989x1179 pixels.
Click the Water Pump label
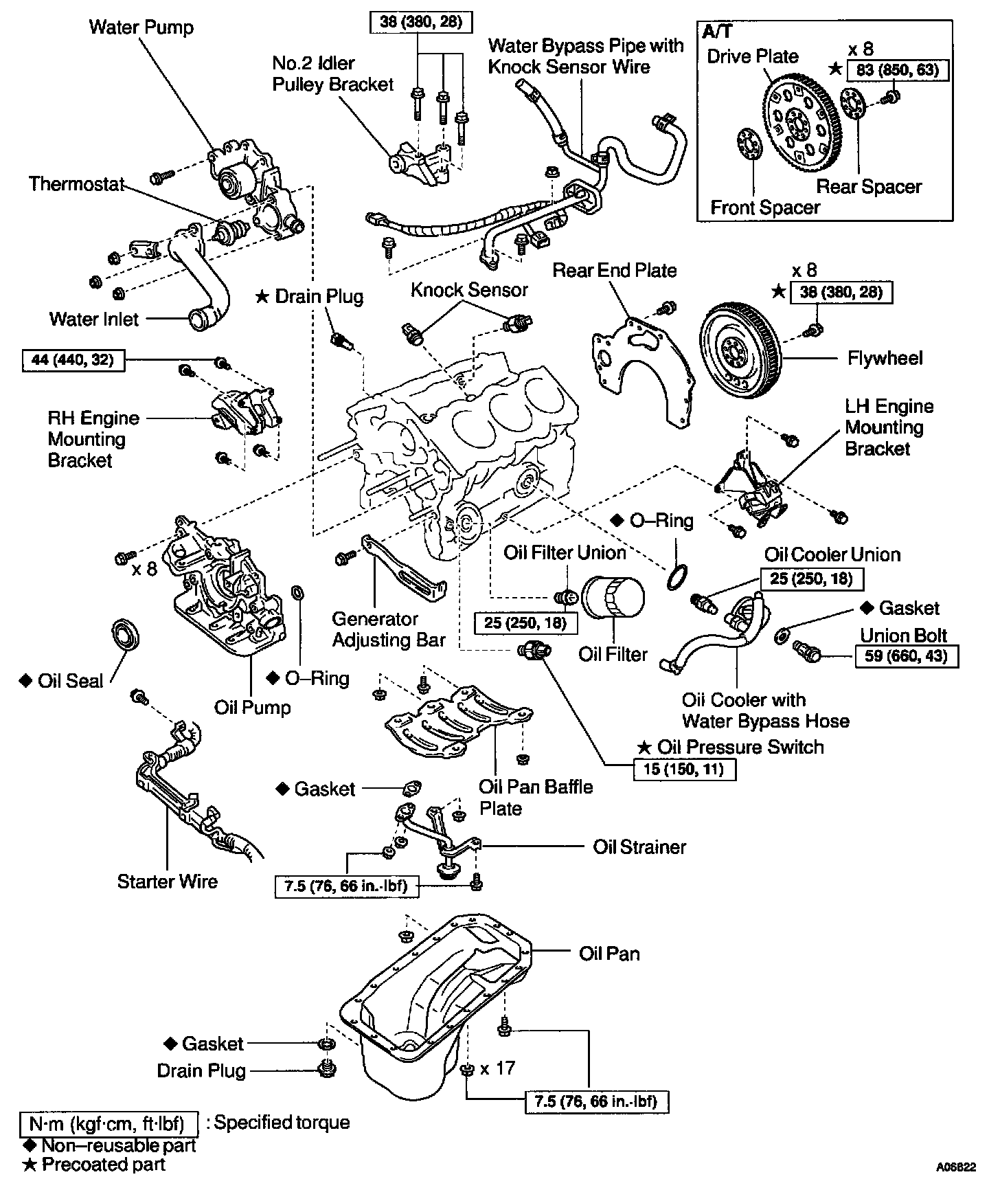pos(141,27)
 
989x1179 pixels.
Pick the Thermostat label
pos(76,184)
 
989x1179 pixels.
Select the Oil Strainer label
pos(639,846)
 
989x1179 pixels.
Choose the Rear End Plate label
pos(615,271)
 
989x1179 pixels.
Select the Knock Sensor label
pos(469,290)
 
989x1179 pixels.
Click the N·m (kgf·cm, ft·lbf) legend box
pos(109,1124)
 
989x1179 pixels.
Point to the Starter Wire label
pos(168,882)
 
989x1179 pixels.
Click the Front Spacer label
pos(765,207)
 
